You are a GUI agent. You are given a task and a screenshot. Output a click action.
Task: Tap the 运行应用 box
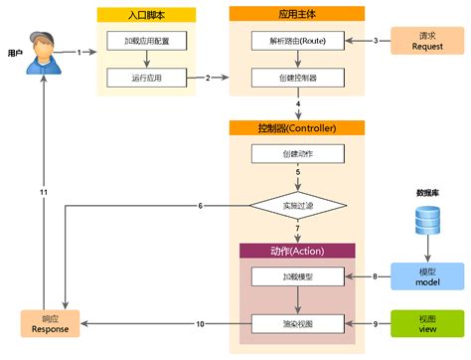click(x=146, y=77)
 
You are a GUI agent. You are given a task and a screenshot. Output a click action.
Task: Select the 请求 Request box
click(x=425, y=41)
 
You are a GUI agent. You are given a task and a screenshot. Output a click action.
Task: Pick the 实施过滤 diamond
click(x=297, y=206)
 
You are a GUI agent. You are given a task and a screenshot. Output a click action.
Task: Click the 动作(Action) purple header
click(x=297, y=250)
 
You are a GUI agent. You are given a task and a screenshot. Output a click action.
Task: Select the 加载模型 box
click(x=297, y=275)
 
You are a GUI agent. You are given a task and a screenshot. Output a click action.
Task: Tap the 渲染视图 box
click(x=297, y=323)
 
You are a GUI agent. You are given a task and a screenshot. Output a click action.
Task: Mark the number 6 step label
click(x=201, y=206)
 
